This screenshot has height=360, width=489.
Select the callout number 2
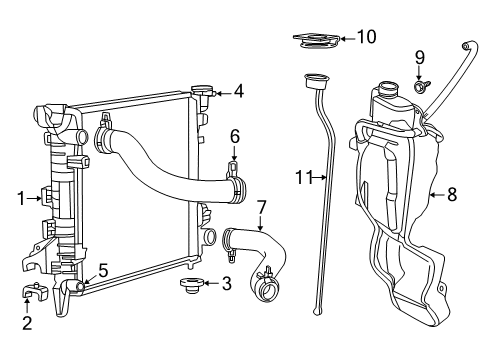(27, 322)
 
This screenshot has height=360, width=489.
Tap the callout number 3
(227, 284)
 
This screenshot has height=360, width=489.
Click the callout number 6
(235, 135)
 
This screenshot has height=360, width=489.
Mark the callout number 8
(452, 195)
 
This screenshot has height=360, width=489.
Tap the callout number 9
(421, 56)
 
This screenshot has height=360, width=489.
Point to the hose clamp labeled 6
(236, 179)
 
